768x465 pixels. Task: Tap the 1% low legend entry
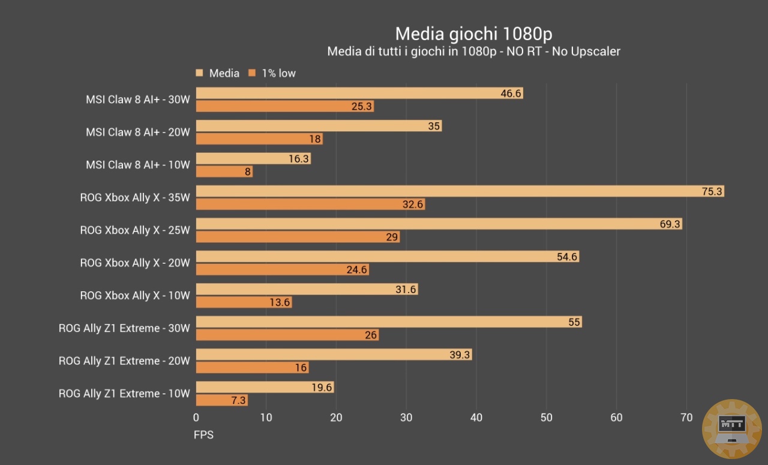tap(272, 73)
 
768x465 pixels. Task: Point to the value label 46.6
tap(511, 93)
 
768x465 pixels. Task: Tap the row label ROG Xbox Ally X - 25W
tap(135, 230)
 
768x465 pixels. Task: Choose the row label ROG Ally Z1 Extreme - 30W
tap(124, 328)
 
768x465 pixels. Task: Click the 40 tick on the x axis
tap(476, 418)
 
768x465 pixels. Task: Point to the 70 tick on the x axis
tap(687, 418)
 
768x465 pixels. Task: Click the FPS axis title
tap(203, 435)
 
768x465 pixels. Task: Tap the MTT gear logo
tap(731, 428)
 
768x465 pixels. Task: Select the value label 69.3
tap(670, 224)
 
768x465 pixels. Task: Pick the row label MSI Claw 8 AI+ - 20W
tap(138, 132)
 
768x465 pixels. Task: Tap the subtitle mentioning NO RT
tap(473, 52)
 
